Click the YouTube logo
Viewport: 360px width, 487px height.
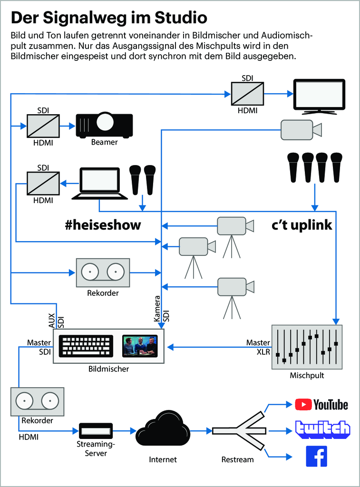tap(321, 404)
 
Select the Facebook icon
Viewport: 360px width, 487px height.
tap(317, 456)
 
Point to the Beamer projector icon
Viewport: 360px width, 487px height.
tap(104, 125)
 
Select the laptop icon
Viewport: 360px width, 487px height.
tap(99, 184)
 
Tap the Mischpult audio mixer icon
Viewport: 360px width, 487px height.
tap(307, 347)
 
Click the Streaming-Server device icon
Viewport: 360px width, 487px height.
tap(96, 430)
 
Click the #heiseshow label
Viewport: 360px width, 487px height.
tap(103, 225)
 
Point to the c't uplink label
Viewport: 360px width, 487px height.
tap(302, 225)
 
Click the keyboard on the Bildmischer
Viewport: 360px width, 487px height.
tap(86, 346)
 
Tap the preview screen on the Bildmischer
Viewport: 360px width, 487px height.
tap(140, 346)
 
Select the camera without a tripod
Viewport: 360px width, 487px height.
tap(301, 129)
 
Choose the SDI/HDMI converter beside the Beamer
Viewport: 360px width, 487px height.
tap(43, 126)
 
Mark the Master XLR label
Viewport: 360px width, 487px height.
tap(258, 347)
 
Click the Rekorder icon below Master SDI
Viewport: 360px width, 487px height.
tap(37, 401)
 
